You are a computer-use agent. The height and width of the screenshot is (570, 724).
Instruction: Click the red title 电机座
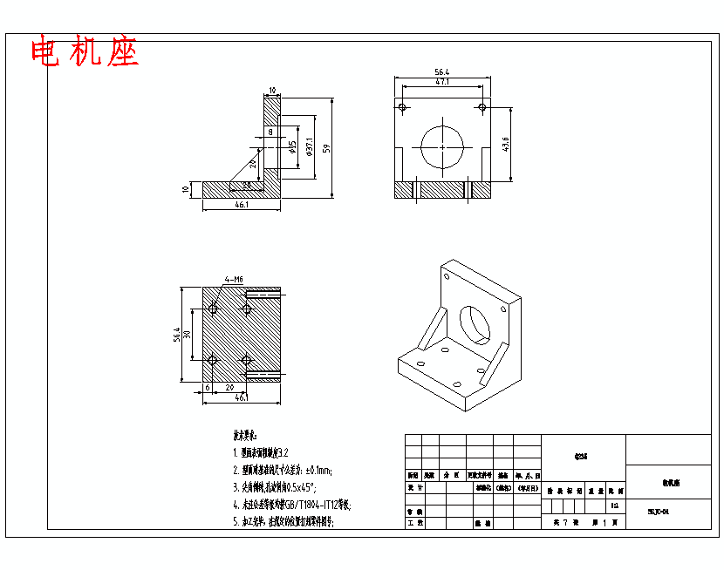[x=85, y=53]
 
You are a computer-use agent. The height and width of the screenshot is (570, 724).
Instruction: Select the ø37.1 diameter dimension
[x=310, y=148]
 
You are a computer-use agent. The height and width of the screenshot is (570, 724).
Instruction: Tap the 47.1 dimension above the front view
[x=442, y=82]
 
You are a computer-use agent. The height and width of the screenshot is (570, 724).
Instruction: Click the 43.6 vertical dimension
[x=506, y=144]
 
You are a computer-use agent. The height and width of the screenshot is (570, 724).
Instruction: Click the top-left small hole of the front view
[x=402, y=107]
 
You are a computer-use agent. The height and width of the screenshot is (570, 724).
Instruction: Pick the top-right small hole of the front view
[x=482, y=107]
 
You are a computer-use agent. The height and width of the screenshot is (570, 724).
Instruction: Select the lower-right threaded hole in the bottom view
[x=247, y=359]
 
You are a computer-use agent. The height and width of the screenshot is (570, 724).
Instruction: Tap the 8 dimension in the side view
[x=270, y=132]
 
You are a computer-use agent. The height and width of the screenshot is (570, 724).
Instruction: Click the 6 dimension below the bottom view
[x=208, y=387]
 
